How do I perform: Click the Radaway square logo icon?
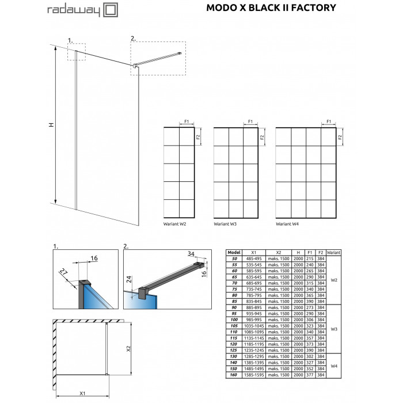click(x=111, y=10)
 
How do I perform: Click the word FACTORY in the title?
click(x=314, y=7)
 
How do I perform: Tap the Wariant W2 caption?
click(x=174, y=224)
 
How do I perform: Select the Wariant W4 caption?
click(x=287, y=224)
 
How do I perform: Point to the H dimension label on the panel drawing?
click(x=51, y=125)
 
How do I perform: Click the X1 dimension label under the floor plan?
click(x=82, y=393)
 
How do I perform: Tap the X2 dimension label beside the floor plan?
click(x=128, y=348)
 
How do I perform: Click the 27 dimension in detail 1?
click(x=63, y=272)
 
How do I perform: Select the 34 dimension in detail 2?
click(x=191, y=254)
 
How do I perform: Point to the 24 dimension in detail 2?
click(x=129, y=279)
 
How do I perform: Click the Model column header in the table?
click(x=234, y=252)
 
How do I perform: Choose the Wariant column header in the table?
click(x=333, y=253)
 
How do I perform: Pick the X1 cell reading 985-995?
click(x=254, y=320)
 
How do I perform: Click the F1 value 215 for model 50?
click(x=310, y=258)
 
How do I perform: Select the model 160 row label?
click(x=233, y=375)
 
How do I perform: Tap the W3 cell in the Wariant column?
click(x=333, y=329)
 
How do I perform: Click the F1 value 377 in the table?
click(x=310, y=375)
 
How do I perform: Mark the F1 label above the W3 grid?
click(x=250, y=121)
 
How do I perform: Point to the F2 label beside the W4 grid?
click(x=340, y=137)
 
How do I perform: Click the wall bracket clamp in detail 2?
click(x=142, y=293)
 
